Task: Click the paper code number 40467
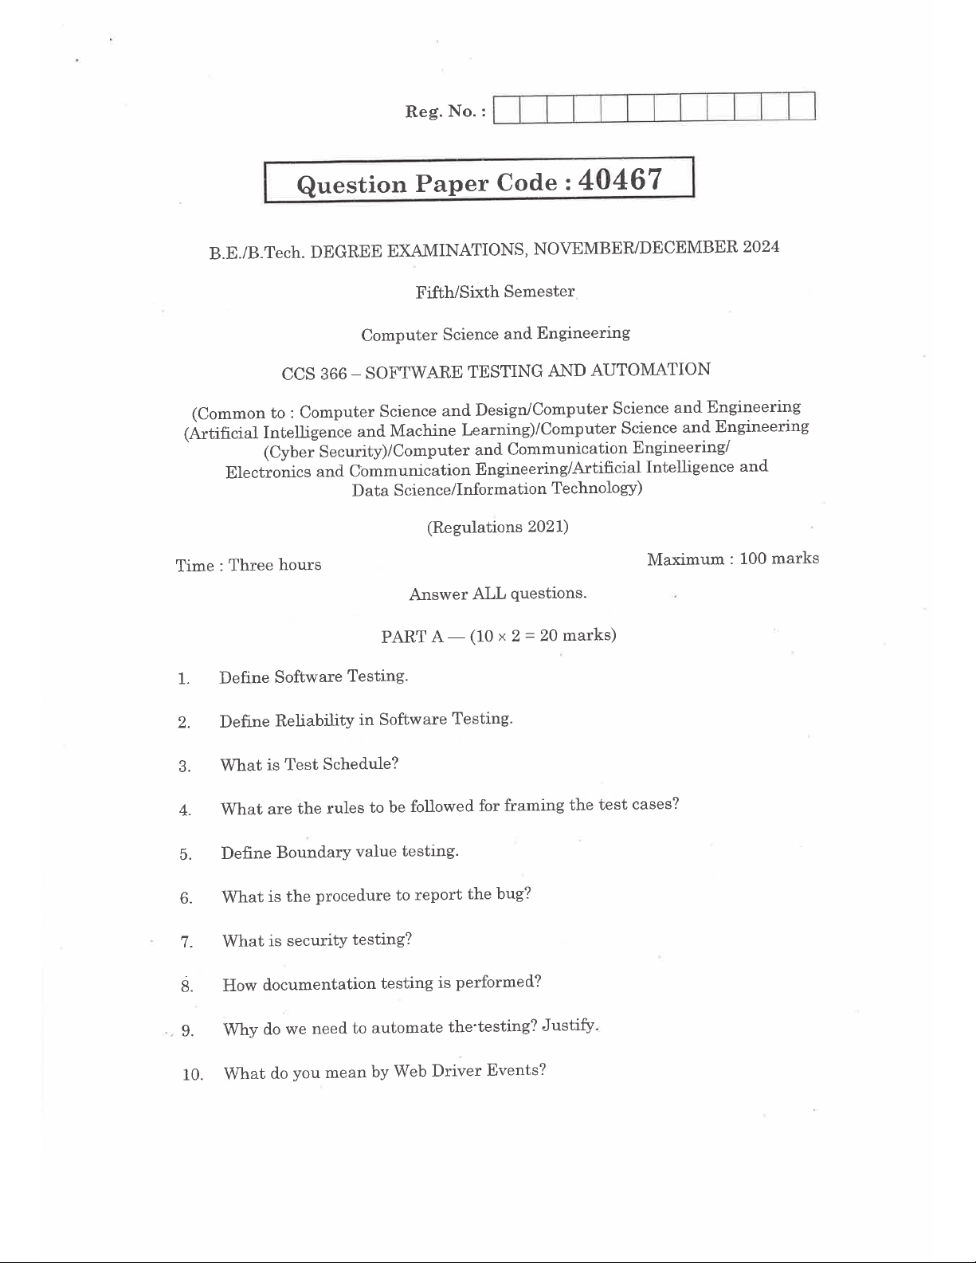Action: (x=620, y=179)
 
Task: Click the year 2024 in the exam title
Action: (x=760, y=246)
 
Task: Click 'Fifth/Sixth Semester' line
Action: (x=495, y=292)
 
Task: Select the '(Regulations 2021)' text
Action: (x=498, y=527)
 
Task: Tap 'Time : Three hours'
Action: (x=249, y=565)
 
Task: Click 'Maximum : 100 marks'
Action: (x=733, y=559)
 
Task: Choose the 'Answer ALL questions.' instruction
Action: (x=498, y=594)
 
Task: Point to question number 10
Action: (x=193, y=1074)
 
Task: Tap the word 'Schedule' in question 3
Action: (x=363, y=763)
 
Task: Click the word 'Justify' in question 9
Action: (x=569, y=1025)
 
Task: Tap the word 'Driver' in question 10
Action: (x=457, y=1070)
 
